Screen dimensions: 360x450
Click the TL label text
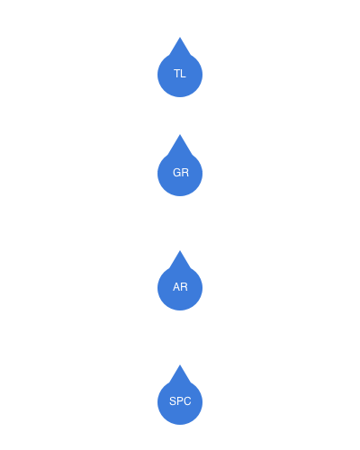180,74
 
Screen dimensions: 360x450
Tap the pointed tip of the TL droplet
180,37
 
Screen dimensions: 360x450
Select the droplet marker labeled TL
180,70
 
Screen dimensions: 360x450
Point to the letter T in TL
177,74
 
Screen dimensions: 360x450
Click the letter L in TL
184,74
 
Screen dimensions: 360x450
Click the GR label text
181,173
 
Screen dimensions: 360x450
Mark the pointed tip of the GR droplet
180,135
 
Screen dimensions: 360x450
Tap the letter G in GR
176,173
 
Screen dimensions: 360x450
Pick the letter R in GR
185,173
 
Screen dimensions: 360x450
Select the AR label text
180,287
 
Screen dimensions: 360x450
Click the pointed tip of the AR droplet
180,250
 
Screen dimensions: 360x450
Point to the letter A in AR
176,287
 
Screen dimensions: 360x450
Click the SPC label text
180,401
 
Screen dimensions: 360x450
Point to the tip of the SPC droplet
180,364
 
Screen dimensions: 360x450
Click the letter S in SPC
173,401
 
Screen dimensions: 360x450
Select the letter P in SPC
180,401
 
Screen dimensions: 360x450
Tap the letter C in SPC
187,401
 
